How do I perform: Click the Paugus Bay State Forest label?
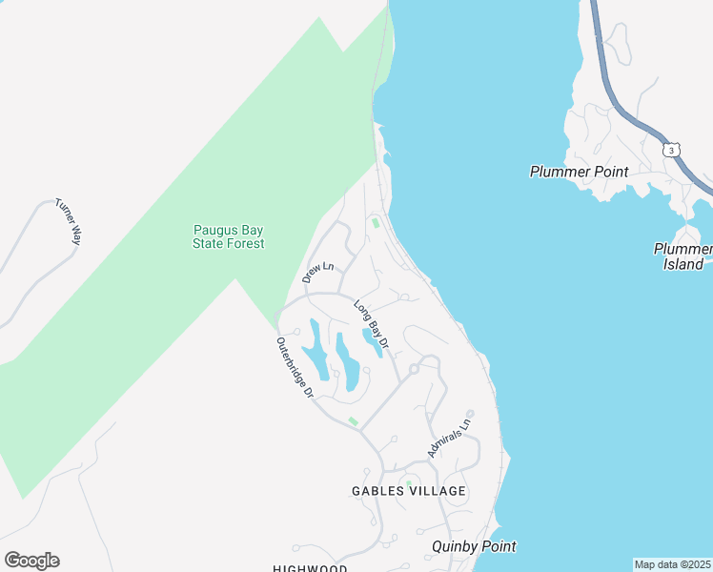click(x=229, y=236)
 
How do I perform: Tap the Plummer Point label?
click(x=579, y=172)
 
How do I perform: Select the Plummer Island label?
click(x=683, y=256)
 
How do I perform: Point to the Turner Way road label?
click(x=68, y=221)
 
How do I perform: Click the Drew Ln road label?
click(x=317, y=271)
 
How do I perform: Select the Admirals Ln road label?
click(x=450, y=438)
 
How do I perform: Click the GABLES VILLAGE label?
click(x=407, y=491)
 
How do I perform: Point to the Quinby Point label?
click(x=474, y=546)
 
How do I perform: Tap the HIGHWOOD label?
click(x=310, y=568)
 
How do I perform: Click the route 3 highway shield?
click(x=672, y=151)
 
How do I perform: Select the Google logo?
click(x=31, y=561)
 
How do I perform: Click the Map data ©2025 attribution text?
click(x=673, y=564)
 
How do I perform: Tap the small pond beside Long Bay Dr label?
click(x=372, y=343)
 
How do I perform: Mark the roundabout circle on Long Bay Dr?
click(x=415, y=368)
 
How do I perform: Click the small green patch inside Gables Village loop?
click(x=408, y=483)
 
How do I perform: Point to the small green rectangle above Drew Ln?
click(x=376, y=223)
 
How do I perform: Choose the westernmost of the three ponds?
click(x=316, y=350)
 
